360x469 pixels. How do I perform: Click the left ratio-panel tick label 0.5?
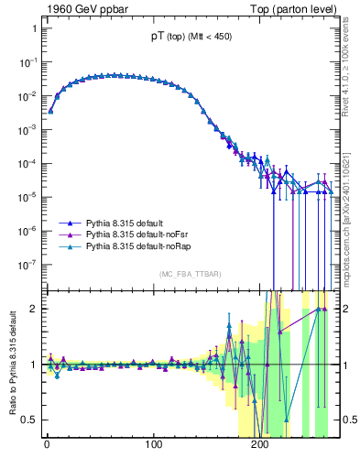28,420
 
